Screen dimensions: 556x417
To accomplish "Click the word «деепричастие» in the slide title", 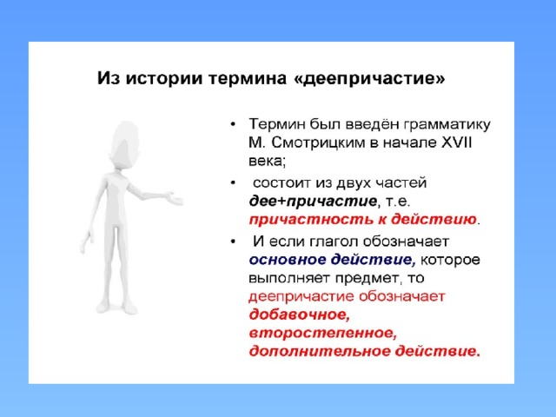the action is (369, 79).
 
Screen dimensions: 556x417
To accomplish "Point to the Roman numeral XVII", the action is (456, 142).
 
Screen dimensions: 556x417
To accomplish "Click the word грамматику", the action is (447, 124).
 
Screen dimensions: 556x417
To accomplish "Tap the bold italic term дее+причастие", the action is (313, 201).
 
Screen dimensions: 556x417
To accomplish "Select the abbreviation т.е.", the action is (398, 201).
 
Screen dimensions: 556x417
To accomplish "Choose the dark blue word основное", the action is (288, 260).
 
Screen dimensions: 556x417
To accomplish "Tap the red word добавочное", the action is (299, 314).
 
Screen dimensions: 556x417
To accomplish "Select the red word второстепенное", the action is (322, 334).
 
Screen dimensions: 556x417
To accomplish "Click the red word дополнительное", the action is (320, 351).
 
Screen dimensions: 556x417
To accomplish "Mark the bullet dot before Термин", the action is (233, 124).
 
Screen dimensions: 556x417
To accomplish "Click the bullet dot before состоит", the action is (233, 183).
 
